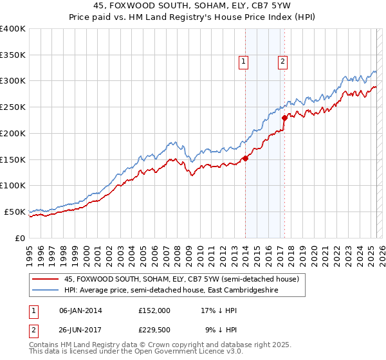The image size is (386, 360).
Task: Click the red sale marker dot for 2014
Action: pyautogui.click(x=245, y=158)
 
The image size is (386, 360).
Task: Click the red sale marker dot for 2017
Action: pyautogui.click(x=284, y=118)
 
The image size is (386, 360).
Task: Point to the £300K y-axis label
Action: pyautogui.click(x=13, y=81)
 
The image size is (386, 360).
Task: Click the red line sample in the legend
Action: pyautogui.click(x=45, y=280)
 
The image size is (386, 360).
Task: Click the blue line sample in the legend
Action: pyautogui.click(x=45, y=291)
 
